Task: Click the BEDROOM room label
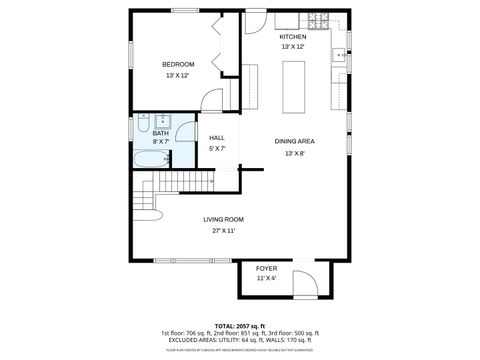tap(178, 65)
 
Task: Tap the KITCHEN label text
tap(293, 37)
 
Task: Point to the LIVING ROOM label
tap(223, 219)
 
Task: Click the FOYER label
tap(266, 269)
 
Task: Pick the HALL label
tap(217, 138)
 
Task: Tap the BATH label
tap(160, 133)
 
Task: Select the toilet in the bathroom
tap(143, 122)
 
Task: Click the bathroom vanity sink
tap(163, 122)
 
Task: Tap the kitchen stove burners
tap(318, 20)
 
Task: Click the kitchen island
tap(294, 86)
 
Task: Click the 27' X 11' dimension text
tap(223, 230)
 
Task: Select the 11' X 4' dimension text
tap(266, 279)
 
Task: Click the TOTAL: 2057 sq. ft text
tap(240, 326)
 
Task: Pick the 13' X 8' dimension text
tap(294, 153)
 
